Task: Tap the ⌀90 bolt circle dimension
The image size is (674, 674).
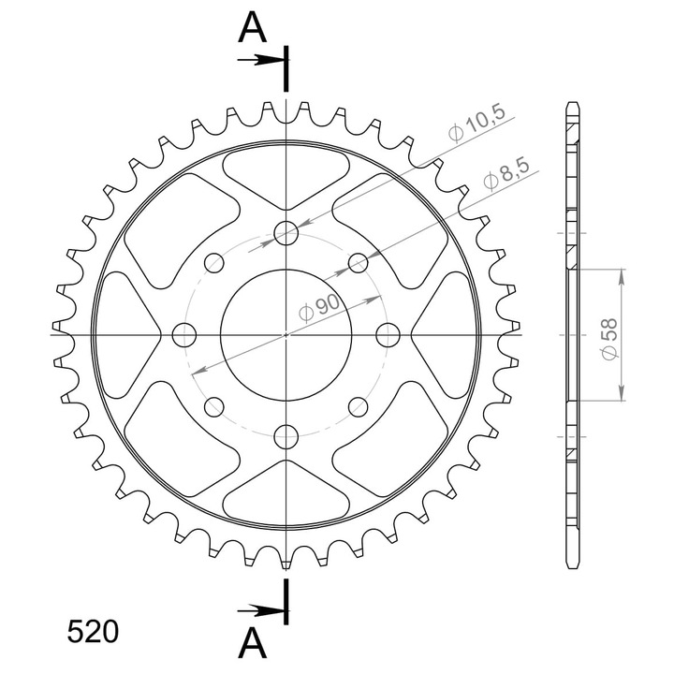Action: pyautogui.click(x=320, y=308)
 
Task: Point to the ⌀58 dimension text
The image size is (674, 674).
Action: pyautogui.click(x=609, y=339)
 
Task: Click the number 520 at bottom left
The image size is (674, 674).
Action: pyautogui.click(x=93, y=632)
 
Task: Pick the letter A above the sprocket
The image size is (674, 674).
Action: pyautogui.click(x=253, y=28)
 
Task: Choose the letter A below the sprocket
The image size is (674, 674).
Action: pyautogui.click(x=253, y=642)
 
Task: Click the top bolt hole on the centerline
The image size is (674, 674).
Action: pyautogui.click(x=286, y=233)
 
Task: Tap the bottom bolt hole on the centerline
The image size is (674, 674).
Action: pyautogui.click(x=286, y=436)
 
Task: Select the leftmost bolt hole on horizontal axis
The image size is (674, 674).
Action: pyautogui.click(x=184, y=335)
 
